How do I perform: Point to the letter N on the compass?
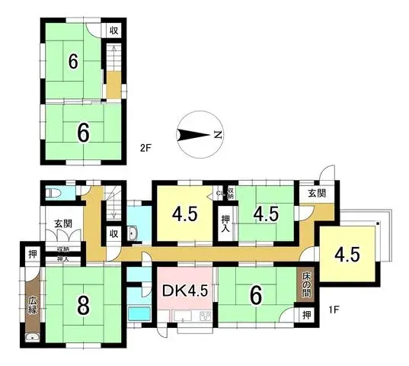(217, 135)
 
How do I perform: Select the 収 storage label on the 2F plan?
(112, 31)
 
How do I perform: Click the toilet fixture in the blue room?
(53, 194)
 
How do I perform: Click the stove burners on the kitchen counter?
(205, 316)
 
